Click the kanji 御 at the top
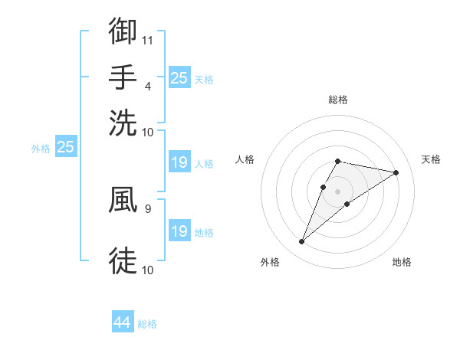click(123, 31)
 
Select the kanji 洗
click(123, 123)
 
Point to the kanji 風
click(123, 201)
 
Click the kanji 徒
click(123, 260)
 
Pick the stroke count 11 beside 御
click(148, 40)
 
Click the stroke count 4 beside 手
click(147, 86)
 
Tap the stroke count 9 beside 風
click(147, 208)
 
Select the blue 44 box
click(123, 322)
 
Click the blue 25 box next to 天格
click(179, 78)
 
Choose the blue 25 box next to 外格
click(65, 147)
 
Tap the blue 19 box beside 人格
click(179, 162)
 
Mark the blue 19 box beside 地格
click(179, 231)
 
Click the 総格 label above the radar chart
click(337, 100)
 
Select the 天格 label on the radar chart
click(431, 159)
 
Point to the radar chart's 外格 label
click(270, 262)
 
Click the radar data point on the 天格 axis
click(396, 172)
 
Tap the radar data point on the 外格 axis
click(301, 242)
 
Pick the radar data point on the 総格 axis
click(337, 161)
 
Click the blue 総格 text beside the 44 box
click(147, 324)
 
